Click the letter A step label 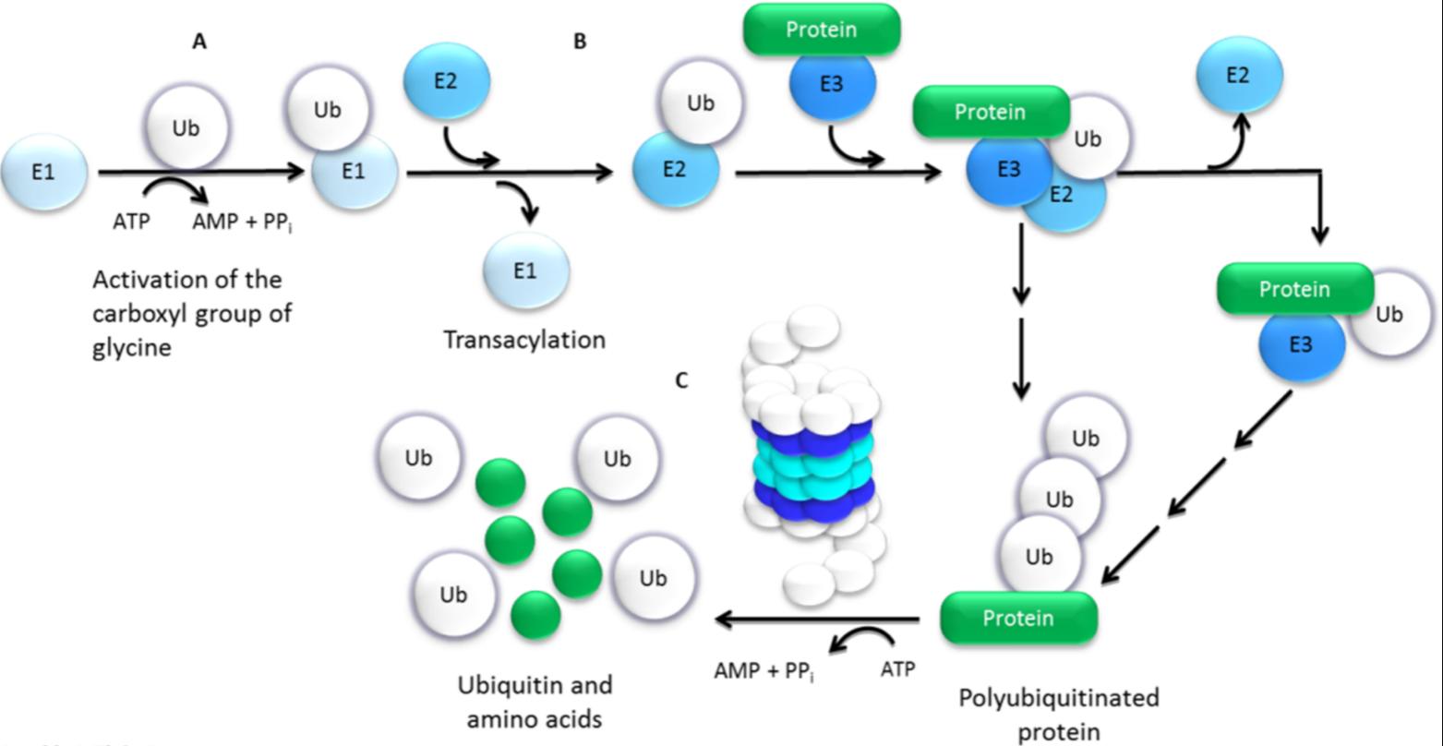point(198,42)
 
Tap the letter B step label point(580,42)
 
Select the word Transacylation point(524,340)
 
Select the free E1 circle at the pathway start point(43,173)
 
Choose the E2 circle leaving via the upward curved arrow point(1239,76)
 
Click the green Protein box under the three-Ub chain point(1018,617)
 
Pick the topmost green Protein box point(821,30)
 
